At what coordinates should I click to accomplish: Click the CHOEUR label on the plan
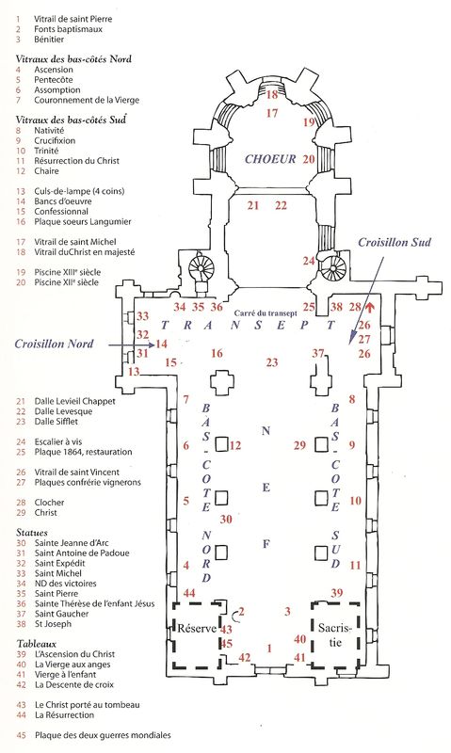tap(270, 159)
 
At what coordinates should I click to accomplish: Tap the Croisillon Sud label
tap(395, 242)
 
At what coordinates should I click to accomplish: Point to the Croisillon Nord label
tap(54, 344)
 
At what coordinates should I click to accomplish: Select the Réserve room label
tap(197, 628)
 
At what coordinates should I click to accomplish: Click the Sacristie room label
tap(335, 633)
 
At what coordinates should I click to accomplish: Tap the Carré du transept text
tap(266, 313)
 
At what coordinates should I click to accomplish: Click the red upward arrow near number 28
tap(369, 307)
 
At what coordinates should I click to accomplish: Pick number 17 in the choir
tap(272, 113)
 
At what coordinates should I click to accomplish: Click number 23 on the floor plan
tap(272, 362)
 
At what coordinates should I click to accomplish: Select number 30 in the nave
tap(226, 519)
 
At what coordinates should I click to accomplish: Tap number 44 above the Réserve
tap(189, 593)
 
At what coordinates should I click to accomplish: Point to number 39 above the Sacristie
tap(337, 593)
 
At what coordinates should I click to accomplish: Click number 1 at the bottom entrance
tap(269, 649)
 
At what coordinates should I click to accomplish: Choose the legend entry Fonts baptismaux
tap(68, 29)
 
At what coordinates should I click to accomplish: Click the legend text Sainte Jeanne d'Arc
tap(72, 543)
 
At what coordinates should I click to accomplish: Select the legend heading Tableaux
tap(37, 644)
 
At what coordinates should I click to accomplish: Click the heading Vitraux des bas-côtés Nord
tap(73, 59)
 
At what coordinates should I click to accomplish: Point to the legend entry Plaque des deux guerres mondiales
tap(103, 735)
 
